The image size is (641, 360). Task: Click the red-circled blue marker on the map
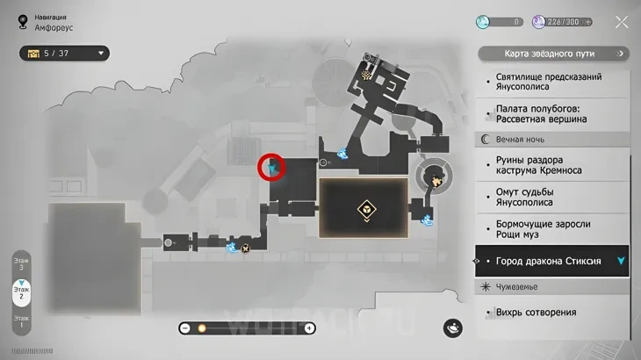pyautogui.click(x=273, y=167)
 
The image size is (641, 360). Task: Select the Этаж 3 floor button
pyautogui.click(x=21, y=263)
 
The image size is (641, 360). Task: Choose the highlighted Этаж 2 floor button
pyautogui.click(x=21, y=292)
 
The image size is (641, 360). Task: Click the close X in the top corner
pyautogui.click(x=622, y=22)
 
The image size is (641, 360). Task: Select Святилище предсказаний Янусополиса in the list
pyautogui.click(x=548, y=83)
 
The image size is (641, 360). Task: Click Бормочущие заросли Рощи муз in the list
pyautogui.click(x=543, y=230)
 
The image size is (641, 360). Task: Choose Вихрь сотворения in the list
pyautogui.click(x=536, y=312)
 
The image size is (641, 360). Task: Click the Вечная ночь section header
pyautogui.click(x=522, y=139)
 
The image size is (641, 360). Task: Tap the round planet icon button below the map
pyautogui.click(x=454, y=328)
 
